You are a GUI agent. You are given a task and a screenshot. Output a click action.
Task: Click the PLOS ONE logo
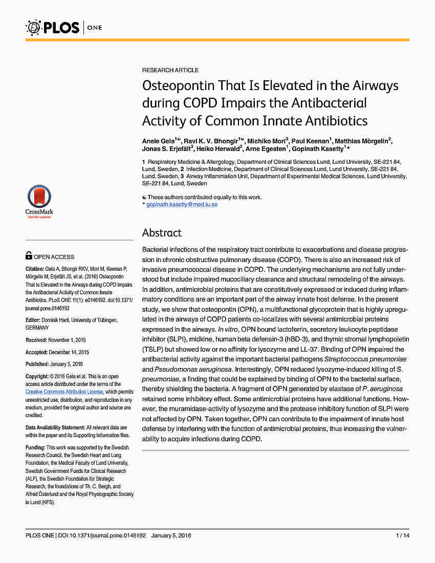click(64, 27)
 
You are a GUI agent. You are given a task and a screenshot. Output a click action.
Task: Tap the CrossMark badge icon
click(39, 201)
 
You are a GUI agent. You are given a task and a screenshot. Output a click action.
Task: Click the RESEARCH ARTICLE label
click(170, 70)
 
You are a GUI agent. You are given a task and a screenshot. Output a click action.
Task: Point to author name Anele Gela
click(158, 141)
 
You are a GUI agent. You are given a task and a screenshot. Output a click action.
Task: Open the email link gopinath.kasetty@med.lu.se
click(182, 204)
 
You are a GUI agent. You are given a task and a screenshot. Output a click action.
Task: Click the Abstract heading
click(162, 233)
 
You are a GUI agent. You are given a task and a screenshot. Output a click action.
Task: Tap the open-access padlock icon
click(29, 256)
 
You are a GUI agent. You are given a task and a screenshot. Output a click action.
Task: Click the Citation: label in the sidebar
click(35, 269)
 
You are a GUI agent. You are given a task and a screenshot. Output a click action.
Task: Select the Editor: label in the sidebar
click(33, 320)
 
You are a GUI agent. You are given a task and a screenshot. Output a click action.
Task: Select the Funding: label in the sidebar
click(35, 447)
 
